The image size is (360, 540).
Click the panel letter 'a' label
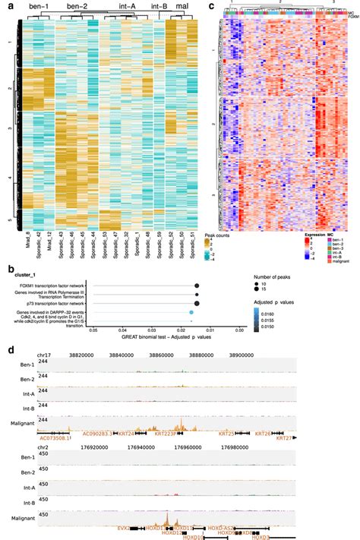10,7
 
